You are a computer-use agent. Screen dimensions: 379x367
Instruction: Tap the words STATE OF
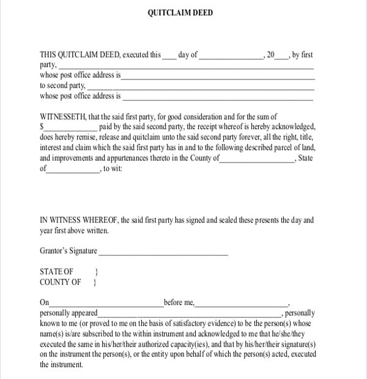[57, 271]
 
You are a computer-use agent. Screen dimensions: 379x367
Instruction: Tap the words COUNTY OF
[61, 282]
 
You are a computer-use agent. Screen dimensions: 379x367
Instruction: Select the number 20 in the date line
[270, 55]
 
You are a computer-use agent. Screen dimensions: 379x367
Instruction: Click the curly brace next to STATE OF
[97, 271]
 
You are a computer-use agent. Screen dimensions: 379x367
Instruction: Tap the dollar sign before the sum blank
[42, 127]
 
